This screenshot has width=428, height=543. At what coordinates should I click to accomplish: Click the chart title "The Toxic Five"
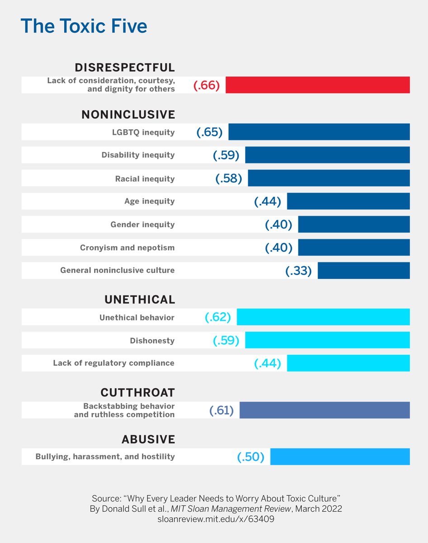(x=84, y=27)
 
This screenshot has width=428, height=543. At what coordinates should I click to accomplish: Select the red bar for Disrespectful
(x=318, y=85)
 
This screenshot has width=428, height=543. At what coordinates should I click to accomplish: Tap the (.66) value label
(x=206, y=86)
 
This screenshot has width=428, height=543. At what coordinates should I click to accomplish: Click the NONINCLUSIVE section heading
(x=128, y=114)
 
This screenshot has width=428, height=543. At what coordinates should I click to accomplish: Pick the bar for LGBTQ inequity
(x=319, y=132)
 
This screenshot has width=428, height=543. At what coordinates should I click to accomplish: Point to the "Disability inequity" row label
(x=138, y=155)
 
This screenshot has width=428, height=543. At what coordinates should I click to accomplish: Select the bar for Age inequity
(x=348, y=201)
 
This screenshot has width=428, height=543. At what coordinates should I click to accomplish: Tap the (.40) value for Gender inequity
(x=279, y=224)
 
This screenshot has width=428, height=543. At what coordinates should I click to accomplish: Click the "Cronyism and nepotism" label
(x=127, y=248)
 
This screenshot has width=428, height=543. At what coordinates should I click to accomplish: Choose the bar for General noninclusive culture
(x=364, y=271)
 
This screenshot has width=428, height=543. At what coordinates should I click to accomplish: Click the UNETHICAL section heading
(x=139, y=300)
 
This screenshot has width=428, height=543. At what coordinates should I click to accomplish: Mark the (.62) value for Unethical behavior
(x=218, y=317)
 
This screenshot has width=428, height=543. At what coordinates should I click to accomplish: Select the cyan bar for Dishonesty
(x=328, y=340)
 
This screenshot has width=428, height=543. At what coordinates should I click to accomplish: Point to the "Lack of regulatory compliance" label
(x=114, y=363)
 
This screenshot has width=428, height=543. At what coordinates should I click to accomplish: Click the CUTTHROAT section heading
(x=138, y=392)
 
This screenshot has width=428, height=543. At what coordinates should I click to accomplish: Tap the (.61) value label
(x=221, y=410)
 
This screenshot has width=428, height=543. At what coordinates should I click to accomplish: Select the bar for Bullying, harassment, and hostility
(x=340, y=457)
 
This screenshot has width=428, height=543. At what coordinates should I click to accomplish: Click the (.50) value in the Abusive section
(x=250, y=457)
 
